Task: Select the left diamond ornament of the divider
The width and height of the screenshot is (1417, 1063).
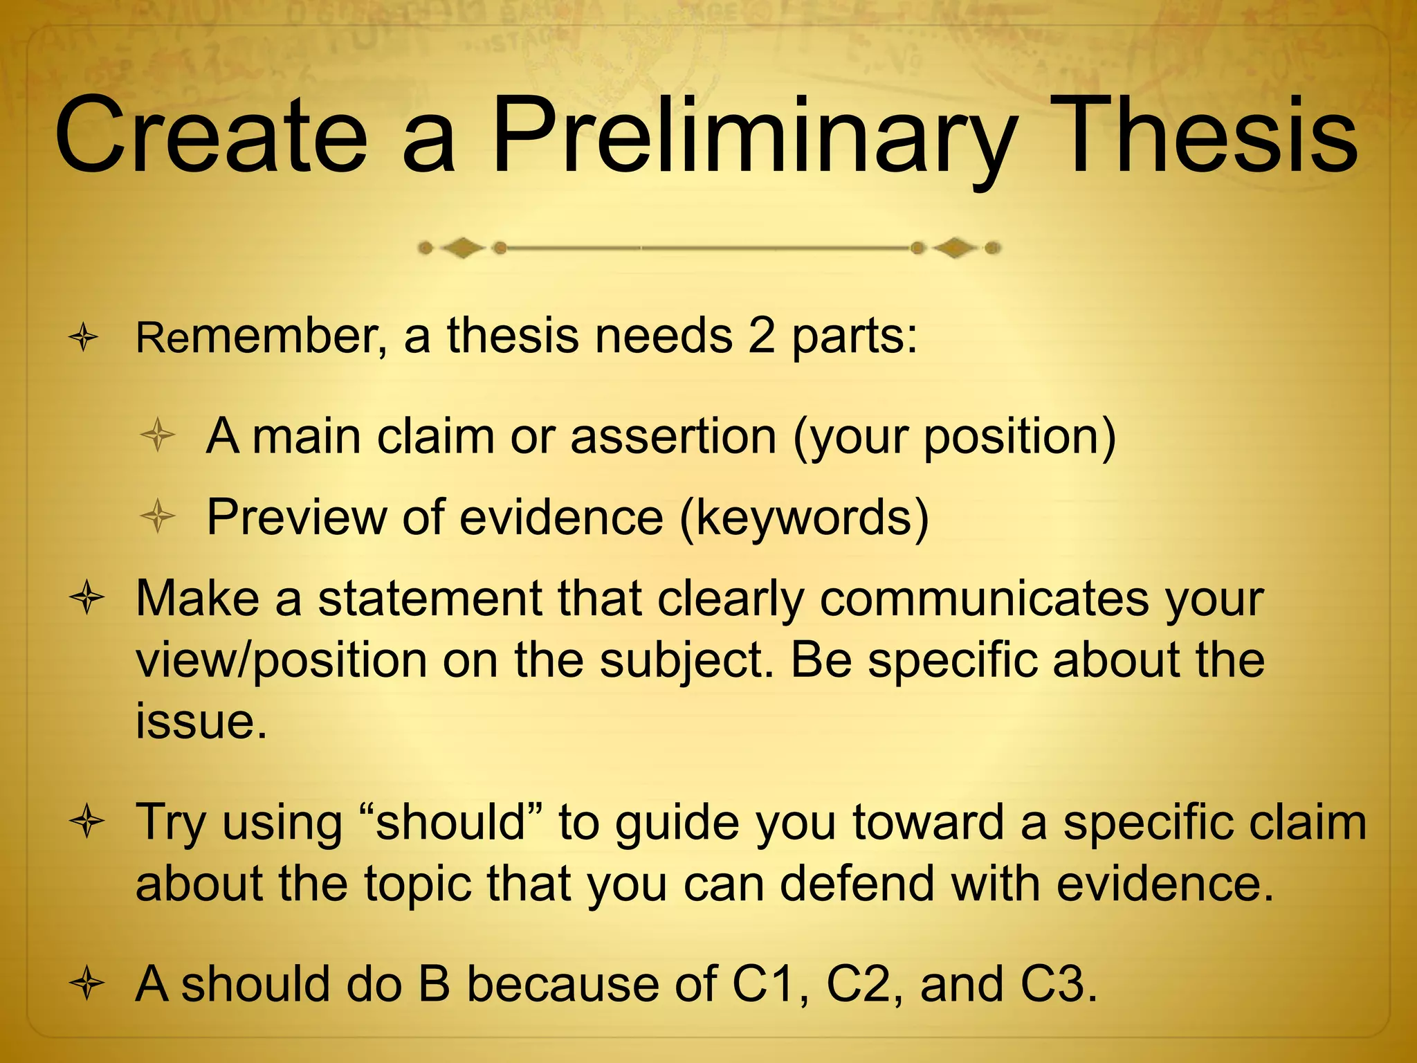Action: (x=462, y=248)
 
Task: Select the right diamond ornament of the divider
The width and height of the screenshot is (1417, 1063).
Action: (x=955, y=248)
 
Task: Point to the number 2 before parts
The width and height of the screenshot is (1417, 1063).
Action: (x=761, y=337)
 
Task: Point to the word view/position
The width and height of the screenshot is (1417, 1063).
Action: (x=281, y=661)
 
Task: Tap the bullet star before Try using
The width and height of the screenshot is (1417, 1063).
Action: (x=86, y=823)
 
